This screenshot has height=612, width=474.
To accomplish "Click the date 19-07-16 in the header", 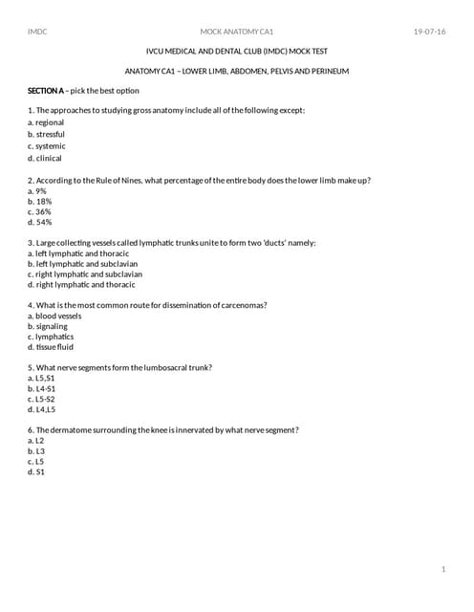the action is coord(429,32).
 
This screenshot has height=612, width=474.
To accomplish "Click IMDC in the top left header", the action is coord(38,32).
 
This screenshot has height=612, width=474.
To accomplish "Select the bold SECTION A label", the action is coord(45,90).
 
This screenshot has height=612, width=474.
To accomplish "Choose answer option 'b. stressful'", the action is coord(47,135).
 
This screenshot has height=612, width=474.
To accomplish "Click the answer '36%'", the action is coord(40,211).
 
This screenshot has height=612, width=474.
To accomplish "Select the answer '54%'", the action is coord(40,223).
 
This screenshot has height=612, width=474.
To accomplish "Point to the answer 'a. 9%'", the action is coord(37,190).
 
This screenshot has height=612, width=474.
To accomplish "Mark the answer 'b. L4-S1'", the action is coord(42,389).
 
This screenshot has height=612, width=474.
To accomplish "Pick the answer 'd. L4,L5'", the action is coord(42,409).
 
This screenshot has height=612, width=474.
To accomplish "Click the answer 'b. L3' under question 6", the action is coord(36,451).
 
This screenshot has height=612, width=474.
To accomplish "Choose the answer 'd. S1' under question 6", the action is coord(36,471).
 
